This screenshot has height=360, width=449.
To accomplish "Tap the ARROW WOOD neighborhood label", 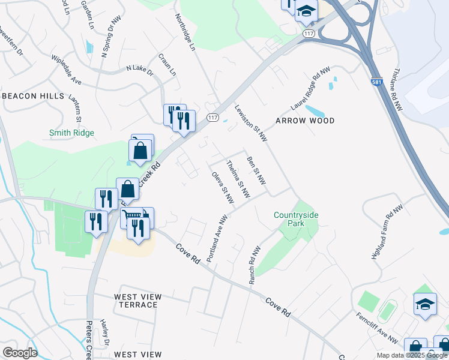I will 304,121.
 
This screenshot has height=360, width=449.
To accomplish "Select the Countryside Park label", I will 297,219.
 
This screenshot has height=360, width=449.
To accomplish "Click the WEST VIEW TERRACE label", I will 137,301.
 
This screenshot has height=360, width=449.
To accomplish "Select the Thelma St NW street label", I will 238,179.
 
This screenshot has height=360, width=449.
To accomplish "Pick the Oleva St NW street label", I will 222,187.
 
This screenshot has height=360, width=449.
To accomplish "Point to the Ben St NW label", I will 256,170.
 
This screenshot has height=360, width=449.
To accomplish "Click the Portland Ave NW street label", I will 217,238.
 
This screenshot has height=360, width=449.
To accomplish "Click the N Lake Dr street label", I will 139,71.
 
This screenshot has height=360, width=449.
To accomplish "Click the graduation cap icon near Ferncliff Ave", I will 425,304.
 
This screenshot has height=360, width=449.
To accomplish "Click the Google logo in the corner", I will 20,352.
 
